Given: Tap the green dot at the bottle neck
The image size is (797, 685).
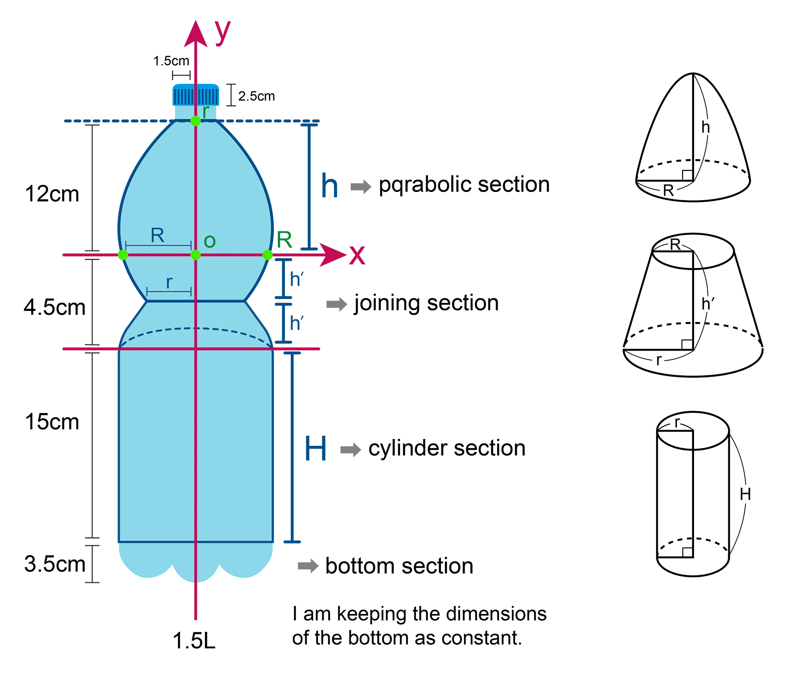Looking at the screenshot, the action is [195, 121].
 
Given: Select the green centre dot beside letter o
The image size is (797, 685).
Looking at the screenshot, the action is [195, 255].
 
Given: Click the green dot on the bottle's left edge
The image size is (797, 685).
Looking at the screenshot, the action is [123, 255].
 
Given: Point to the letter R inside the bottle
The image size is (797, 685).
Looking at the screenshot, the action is [157, 236].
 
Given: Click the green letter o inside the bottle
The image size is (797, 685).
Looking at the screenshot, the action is [209, 241].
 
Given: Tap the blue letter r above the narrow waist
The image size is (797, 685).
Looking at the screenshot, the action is [169, 282].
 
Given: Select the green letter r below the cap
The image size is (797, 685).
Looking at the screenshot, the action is [206, 111].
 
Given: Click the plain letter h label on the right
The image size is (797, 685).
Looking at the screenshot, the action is [705, 127].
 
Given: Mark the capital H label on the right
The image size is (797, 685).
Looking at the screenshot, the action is [745, 494].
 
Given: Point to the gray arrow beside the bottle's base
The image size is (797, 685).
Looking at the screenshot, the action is [311, 566].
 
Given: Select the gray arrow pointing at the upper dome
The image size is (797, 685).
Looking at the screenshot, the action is [363, 185].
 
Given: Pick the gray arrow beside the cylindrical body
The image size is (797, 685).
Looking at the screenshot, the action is [352, 449].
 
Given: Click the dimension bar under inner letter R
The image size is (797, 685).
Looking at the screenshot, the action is [158, 246].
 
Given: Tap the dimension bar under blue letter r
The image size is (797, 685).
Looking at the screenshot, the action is [169, 291].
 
